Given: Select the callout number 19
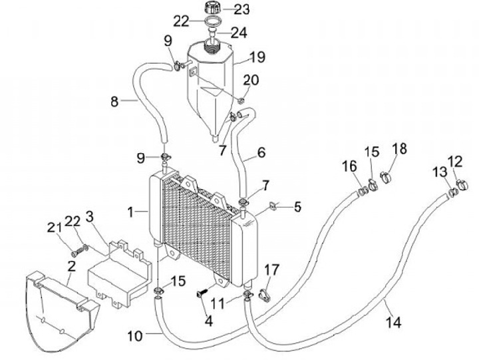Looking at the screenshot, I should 257,56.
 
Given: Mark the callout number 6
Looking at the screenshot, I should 261,152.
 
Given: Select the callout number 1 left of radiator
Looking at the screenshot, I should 132,212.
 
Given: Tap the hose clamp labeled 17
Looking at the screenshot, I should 264,292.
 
